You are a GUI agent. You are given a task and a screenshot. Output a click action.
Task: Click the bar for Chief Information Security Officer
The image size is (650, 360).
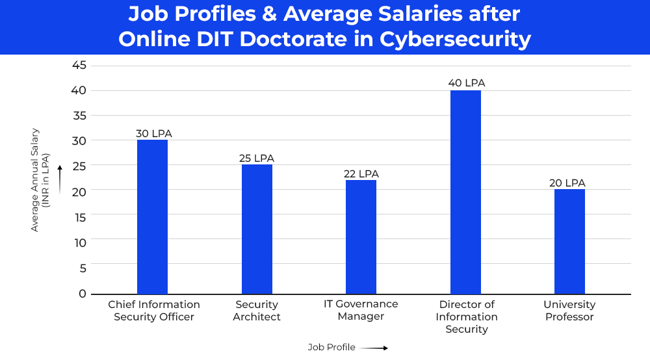pyautogui.click(x=152, y=216)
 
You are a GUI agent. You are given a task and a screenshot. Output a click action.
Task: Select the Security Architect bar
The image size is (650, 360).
pyautogui.click(x=257, y=229)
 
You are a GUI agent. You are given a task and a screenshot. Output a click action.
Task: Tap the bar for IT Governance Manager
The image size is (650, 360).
pyautogui.click(x=361, y=237)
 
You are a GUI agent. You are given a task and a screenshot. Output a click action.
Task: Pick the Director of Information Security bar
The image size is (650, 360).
pyautogui.click(x=465, y=192)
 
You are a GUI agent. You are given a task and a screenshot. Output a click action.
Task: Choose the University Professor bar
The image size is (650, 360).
pyautogui.click(x=569, y=241)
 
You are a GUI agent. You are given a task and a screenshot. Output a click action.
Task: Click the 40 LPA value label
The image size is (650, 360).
pyautogui.click(x=466, y=83)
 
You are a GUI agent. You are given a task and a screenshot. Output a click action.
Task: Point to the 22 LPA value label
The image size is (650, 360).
pyautogui.click(x=361, y=174)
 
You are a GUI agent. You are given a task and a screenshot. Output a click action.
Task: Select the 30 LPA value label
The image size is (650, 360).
pyautogui.click(x=153, y=134)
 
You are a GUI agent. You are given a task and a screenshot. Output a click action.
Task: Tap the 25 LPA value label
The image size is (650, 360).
pyautogui.click(x=257, y=159)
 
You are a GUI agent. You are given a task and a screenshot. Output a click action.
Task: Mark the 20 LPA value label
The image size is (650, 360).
pyautogui.click(x=567, y=183)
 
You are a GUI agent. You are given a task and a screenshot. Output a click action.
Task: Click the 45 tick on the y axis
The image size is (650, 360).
pyautogui.click(x=79, y=65)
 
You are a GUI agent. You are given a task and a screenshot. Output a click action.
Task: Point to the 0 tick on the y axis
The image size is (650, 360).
pyautogui.click(x=83, y=294)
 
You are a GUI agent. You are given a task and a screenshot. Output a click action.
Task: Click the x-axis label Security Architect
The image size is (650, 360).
pyautogui.click(x=257, y=311)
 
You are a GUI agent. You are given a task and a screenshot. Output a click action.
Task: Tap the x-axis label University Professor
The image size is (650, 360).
pyautogui.click(x=569, y=311)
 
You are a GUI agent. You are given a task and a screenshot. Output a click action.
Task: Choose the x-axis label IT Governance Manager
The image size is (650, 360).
pyautogui.click(x=361, y=310)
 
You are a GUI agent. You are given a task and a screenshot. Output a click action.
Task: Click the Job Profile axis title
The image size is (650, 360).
pyautogui.click(x=331, y=347)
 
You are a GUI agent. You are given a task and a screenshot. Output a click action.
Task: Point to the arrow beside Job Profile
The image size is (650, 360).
pyautogui.click(x=374, y=348)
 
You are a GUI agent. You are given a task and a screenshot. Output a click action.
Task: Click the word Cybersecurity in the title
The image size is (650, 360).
pyautogui.click(x=455, y=40)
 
